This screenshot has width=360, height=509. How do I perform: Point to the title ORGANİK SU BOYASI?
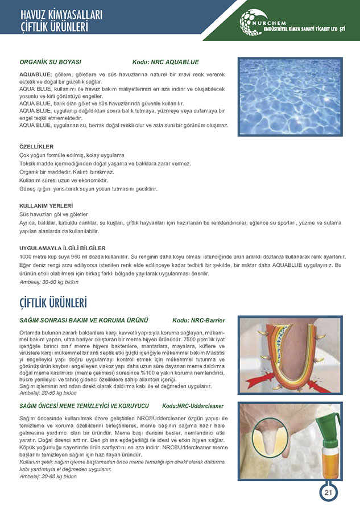pos(51,62)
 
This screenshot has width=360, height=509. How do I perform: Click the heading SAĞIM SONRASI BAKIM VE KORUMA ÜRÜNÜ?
pos(84,321)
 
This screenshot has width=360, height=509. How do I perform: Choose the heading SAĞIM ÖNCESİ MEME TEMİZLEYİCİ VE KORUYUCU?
pos(84,406)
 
